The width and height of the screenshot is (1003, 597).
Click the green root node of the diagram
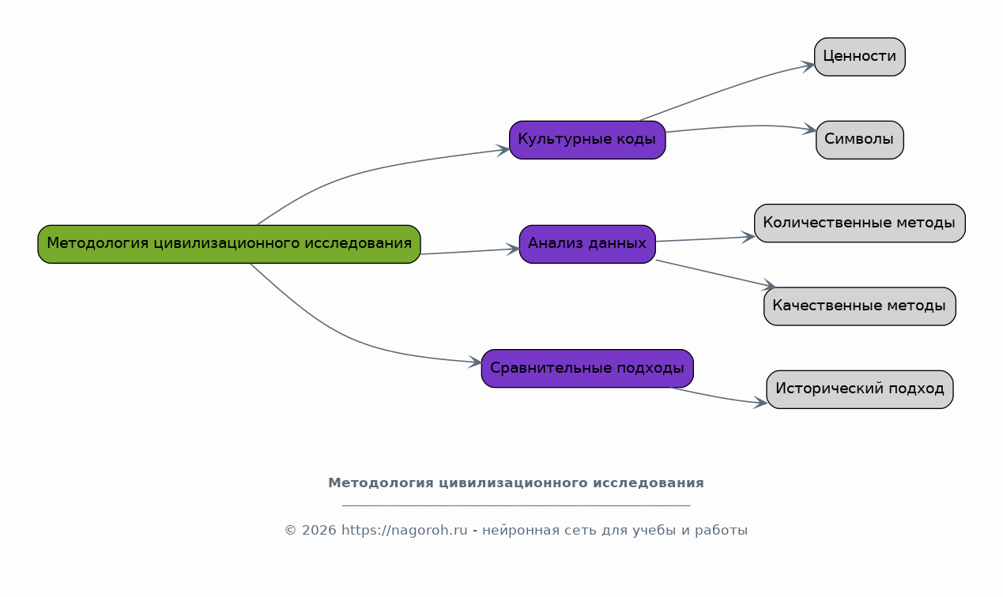click(229, 244)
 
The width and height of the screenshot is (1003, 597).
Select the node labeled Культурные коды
click(587, 140)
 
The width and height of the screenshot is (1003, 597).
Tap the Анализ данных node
click(587, 244)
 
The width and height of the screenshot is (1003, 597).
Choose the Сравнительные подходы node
click(587, 369)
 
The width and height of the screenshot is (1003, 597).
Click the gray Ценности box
click(859, 57)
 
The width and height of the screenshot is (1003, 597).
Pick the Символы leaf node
click(859, 140)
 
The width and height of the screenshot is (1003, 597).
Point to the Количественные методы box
click(859, 223)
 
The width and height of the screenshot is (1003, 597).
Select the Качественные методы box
click(859, 306)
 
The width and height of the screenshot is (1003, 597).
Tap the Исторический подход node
click(859, 389)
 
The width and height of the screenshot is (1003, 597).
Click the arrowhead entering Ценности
click(809, 66)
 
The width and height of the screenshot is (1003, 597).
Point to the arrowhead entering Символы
click(810, 130)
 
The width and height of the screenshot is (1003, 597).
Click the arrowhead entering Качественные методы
click(768, 286)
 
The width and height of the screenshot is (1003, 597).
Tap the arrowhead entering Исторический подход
click(761, 403)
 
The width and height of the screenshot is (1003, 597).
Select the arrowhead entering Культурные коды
click(503, 149)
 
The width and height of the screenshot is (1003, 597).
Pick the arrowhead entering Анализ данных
click(514, 249)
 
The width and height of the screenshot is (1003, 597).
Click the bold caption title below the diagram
click(515, 483)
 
